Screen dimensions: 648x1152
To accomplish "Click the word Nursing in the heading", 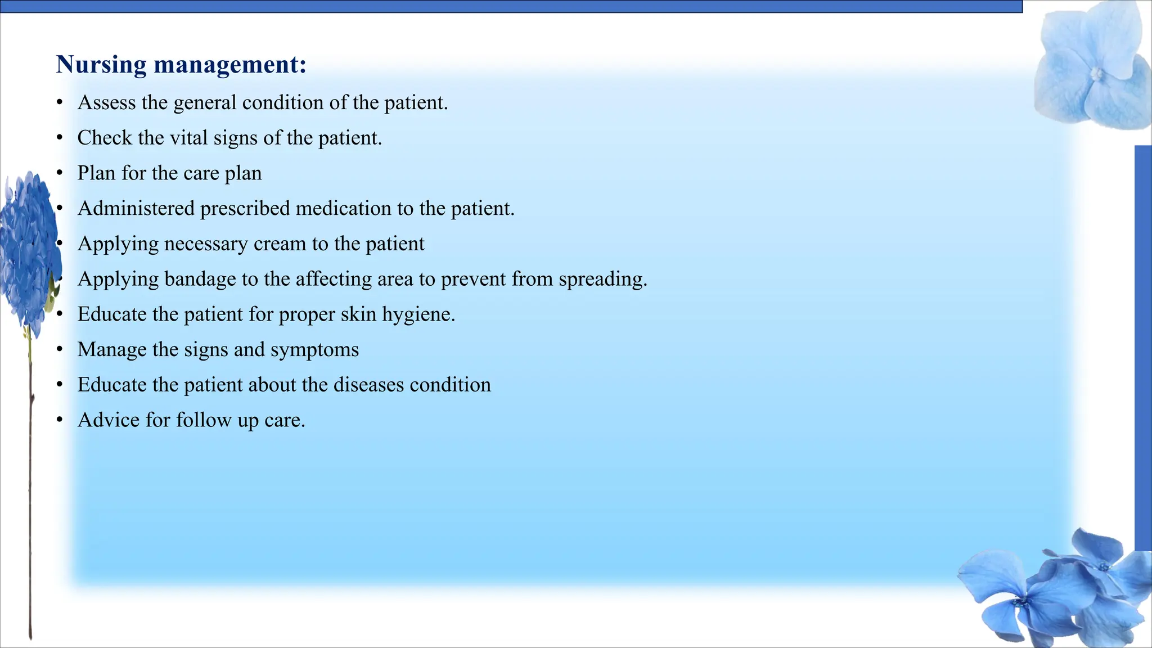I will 101,65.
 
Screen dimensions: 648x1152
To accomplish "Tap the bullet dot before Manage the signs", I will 59,350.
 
